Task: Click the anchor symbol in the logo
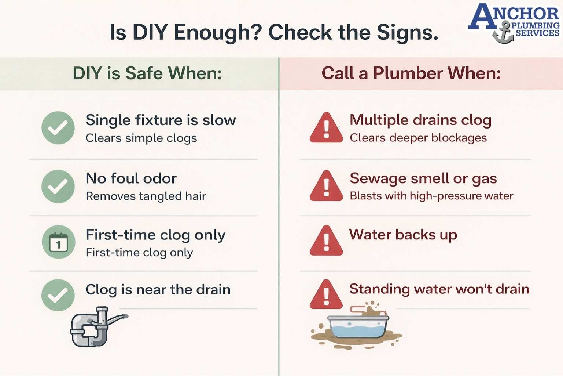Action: [x=504, y=33]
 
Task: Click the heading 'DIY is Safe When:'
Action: [x=147, y=73]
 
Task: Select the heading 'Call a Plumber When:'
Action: [x=411, y=73]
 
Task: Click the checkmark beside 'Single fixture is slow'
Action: [x=58, y=128]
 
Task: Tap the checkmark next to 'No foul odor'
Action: [x=58, y=186]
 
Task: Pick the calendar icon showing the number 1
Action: [x=59, y=242]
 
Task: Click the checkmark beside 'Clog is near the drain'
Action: [x=58, y=295]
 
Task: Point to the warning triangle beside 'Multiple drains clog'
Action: [x=326, y=128]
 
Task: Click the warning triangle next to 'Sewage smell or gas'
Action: [x=326, y=186]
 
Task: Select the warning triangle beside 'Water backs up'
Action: [x=326, y=241]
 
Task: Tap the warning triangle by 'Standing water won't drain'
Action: [x=326, y=295]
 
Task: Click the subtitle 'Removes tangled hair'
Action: [x=146, y=196]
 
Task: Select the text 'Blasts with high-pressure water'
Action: [x=431, y=196]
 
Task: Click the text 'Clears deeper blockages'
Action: [x=418, y=138]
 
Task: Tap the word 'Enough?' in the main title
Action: [x=218, y=32]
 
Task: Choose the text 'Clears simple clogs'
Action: [x=141, y=138]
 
